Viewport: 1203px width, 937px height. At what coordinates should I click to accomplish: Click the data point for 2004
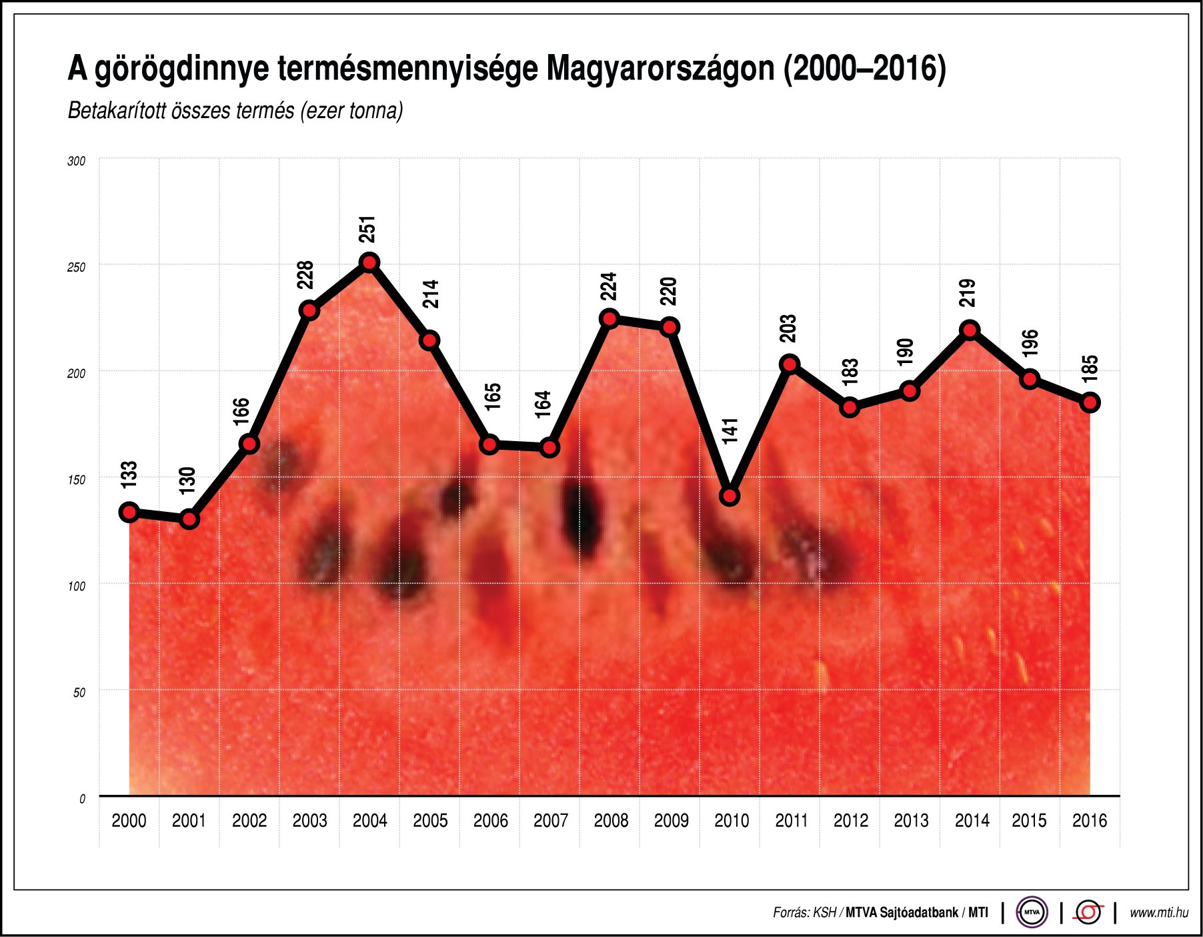(369, 262)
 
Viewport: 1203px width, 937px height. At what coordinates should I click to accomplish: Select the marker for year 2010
(730, 496)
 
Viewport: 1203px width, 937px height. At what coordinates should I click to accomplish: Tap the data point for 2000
(129, 512)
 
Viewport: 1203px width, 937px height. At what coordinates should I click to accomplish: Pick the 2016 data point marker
(1090, 402)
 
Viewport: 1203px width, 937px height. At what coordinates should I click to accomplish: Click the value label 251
(367, 229)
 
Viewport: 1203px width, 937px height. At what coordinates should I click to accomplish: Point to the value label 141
(730, 430)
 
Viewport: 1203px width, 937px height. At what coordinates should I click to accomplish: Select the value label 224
(608, 286)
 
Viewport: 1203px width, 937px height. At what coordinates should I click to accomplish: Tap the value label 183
(850, 372)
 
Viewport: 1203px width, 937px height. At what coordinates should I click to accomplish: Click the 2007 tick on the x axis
(550, 821)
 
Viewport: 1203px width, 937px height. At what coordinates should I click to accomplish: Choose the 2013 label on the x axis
(911, 821)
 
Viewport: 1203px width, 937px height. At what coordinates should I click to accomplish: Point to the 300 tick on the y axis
(77, 162)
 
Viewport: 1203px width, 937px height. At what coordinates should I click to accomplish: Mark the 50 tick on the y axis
(79, 693)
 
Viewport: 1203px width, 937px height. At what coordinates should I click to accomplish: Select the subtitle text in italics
(235, 111)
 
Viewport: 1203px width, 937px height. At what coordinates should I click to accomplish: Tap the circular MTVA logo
(1032, 912)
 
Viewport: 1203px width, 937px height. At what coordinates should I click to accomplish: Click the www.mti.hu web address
(1158, 913)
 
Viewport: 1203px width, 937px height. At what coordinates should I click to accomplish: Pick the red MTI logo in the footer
(1088, 912)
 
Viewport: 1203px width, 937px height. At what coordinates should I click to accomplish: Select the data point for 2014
(970, 330)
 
